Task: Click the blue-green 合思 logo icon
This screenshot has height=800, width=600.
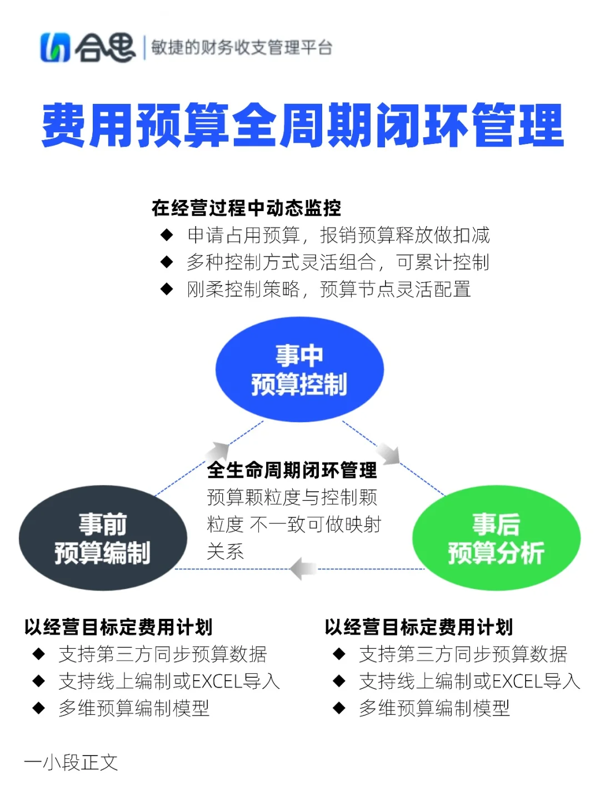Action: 55,48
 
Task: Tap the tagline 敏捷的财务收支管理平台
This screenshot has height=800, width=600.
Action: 242,48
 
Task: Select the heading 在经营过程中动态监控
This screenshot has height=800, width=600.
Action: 246,208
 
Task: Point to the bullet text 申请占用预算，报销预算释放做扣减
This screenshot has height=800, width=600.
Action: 338,235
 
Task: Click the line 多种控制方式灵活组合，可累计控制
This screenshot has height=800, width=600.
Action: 338,262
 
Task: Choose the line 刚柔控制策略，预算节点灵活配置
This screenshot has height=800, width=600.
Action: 329,289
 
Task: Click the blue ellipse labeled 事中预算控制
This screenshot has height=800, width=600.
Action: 299,369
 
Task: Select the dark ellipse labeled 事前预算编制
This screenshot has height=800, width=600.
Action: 103,538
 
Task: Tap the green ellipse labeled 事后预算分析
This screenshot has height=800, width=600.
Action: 496,538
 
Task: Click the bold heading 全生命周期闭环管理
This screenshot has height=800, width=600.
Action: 292,470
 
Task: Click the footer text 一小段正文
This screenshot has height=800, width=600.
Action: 71,762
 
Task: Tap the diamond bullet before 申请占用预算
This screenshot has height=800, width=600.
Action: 167,235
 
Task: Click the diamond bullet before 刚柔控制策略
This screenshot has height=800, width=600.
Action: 167,289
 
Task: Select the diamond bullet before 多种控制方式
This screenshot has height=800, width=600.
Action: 167,262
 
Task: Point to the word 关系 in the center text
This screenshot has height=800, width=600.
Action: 225,551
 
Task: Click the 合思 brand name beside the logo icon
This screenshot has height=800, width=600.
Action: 105,48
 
